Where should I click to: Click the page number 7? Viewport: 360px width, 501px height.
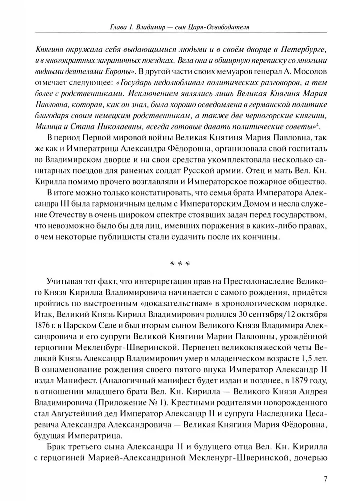click(325, 478)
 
